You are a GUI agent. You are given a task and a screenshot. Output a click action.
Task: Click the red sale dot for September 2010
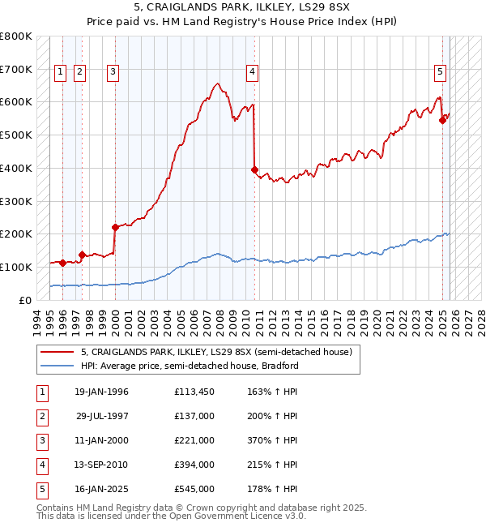pyautogui.click(x=255, y=169)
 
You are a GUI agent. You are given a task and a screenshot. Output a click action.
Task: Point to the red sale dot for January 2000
pyautogui.click(x=115, y=227)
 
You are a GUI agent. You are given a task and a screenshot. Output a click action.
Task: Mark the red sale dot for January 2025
pyautogui.click(x=442, y=120)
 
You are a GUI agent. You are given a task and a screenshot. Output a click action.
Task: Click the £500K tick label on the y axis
pyautogui.click(x=16, y=135)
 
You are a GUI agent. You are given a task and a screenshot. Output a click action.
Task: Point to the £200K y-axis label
pyautogui.click(x=16, y=234)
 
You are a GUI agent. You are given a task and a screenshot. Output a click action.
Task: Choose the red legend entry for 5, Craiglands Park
pyautogui.click(x=215, y=353)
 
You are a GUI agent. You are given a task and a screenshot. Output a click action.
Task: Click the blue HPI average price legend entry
pyautogui.click(x=190, y=366)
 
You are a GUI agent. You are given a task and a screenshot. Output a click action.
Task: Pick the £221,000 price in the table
pyautogui.click(x=194, y=440)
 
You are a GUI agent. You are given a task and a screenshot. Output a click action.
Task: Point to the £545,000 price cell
pyautogui.click(x=194, y=489)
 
